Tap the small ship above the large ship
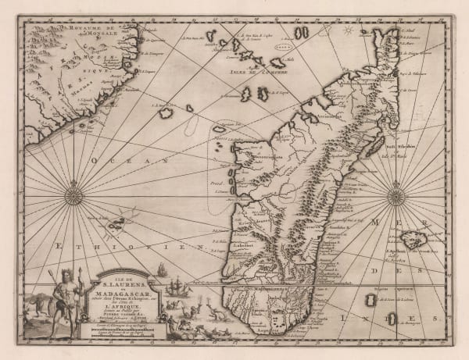(160, 269)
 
